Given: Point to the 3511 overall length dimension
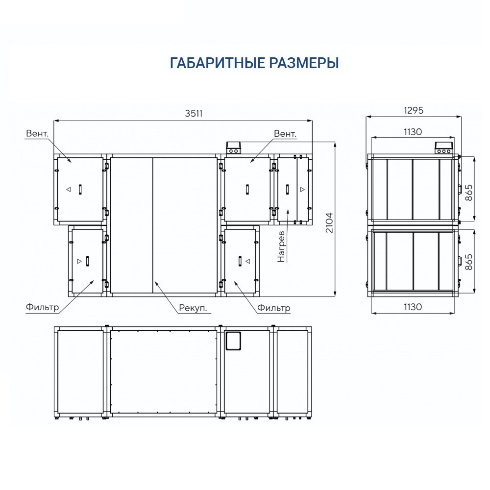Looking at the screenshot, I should point(194,113).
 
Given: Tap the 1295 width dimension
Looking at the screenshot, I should point(414,110).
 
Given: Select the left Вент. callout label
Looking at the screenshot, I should point(37,133).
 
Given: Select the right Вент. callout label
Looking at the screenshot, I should point(285,133).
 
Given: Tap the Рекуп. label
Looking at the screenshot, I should point(192,308).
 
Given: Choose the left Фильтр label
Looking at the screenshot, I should point(42,308).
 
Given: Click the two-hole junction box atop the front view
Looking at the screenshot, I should point(234,148).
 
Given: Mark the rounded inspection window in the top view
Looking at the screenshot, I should point(234,340).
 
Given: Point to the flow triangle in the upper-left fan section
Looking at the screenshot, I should point(69,189).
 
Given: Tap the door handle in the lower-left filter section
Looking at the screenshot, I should point(88,261).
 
